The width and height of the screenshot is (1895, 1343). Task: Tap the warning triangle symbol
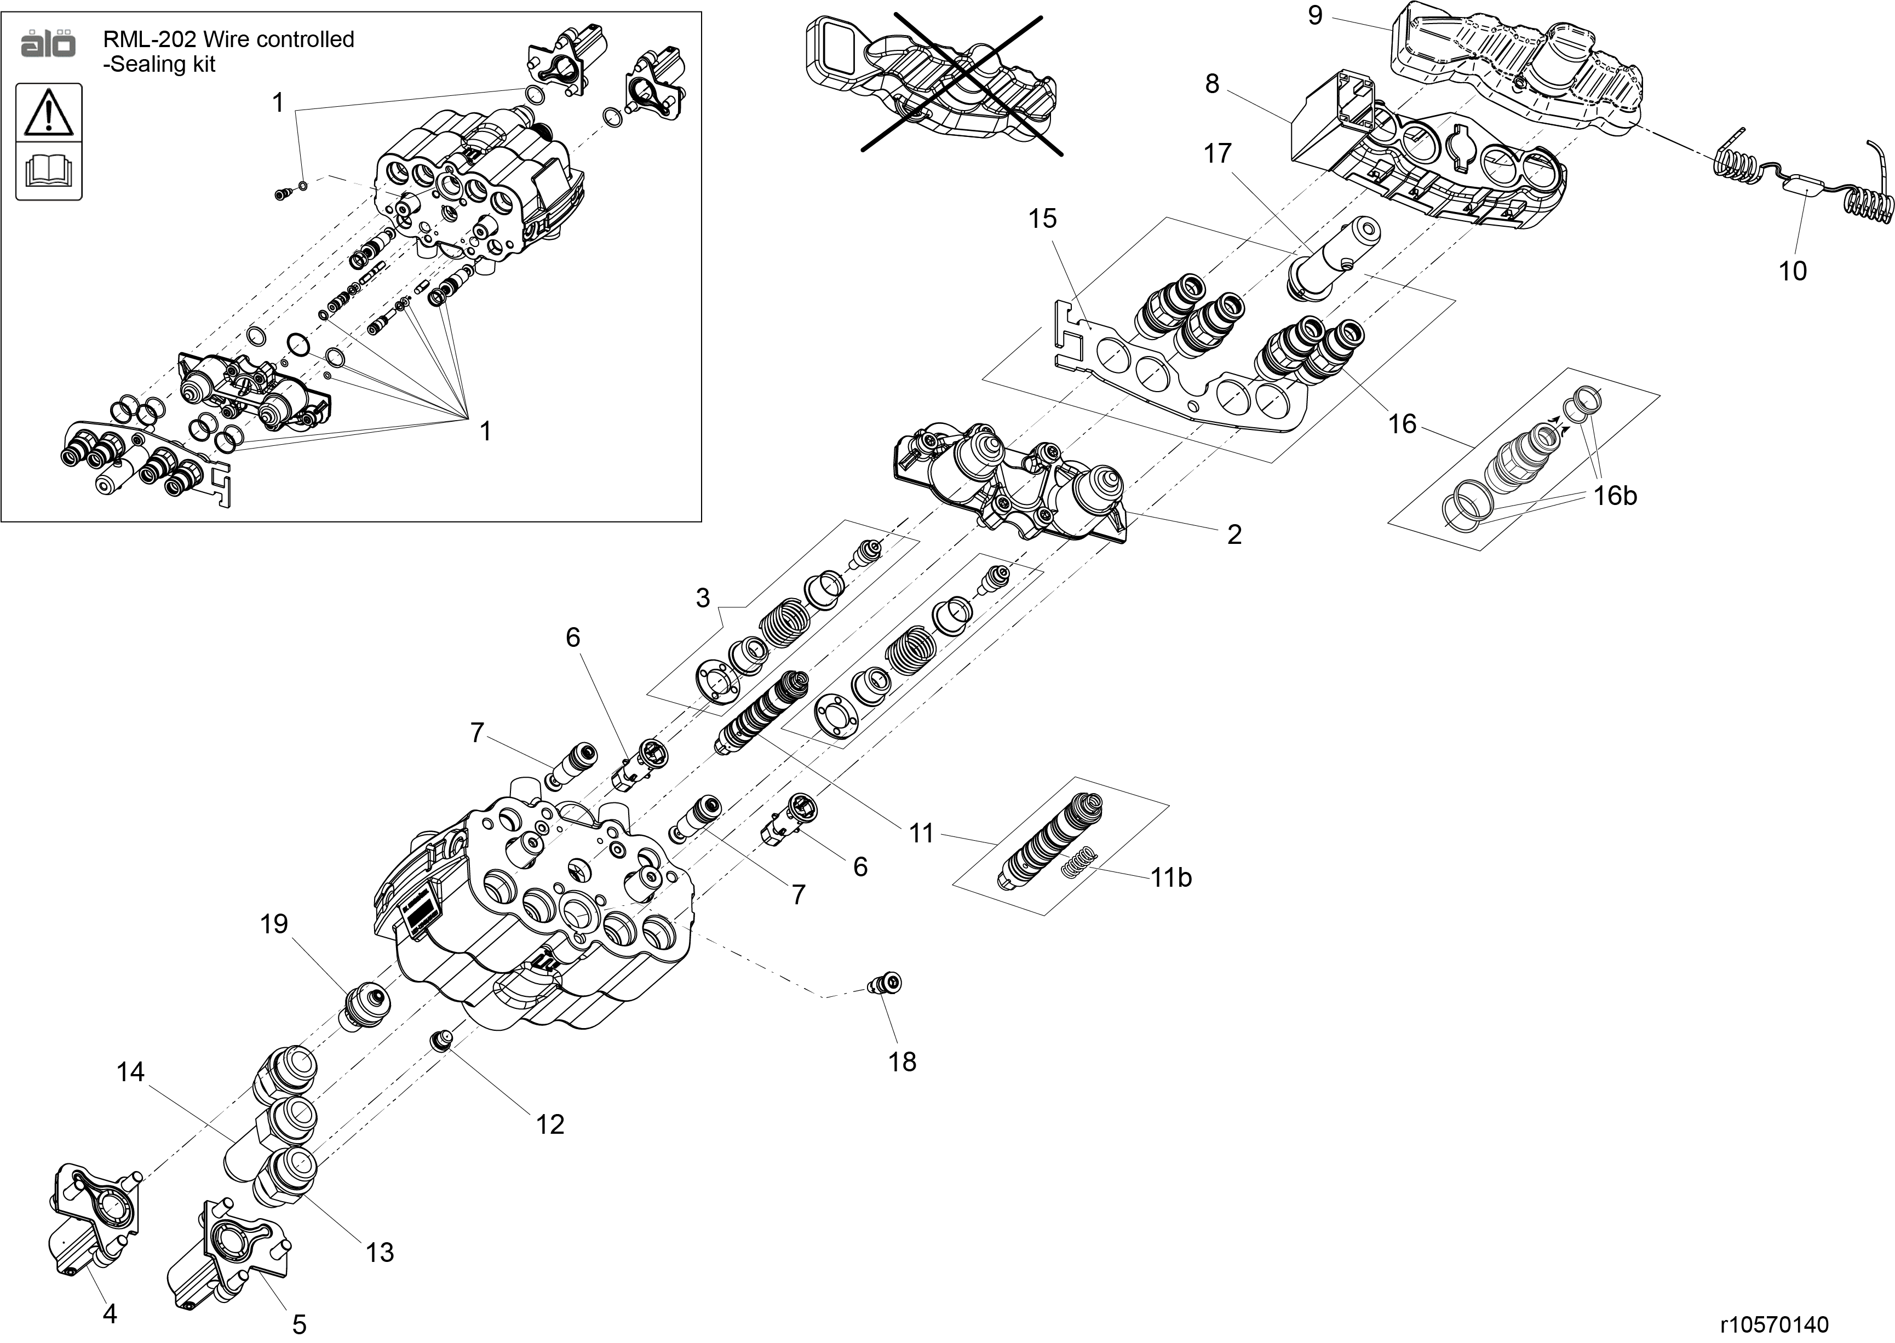click(49, 112)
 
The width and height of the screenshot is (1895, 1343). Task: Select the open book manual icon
click(49, 171)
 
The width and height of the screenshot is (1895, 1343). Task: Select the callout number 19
click(274, 925)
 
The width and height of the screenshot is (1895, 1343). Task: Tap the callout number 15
click(1043, 219)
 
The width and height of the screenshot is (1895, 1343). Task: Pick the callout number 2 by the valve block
click(1234, 534)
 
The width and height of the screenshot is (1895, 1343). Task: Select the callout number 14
click(131, 1072)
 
